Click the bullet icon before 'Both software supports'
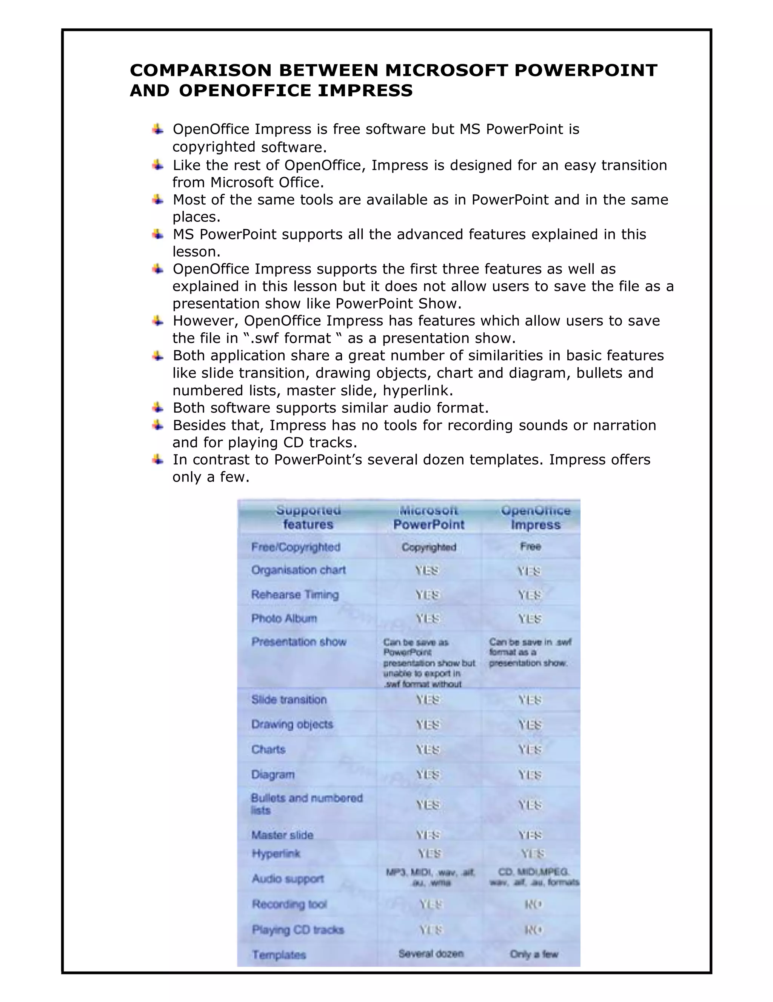pyautogui.click(x=157, y=407)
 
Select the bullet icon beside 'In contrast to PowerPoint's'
pyautogui.click(x=157, y=459)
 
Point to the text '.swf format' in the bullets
pyautogui.click(x=291, y=338)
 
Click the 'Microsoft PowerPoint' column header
pyautogui.click(x=429, y=518)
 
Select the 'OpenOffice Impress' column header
pyautogui.click(x=535, y=518)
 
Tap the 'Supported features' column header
pyautogui.click(x=308, y=518)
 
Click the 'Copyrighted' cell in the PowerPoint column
pyautogui.click(x=429, y=547)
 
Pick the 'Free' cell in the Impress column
pyautogui.click(x=531, y=546)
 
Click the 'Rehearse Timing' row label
pyautogui.click(x=295, y=595)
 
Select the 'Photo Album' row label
pyautogui.click(x=284, y=618)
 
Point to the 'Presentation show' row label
pyautogui.click(x=299, y=642)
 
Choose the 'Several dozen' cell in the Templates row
pyautogui.click(x=431, y=954)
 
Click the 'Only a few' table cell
pyautogui.click(x=534, y=954)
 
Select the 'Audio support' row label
pyautogui.click(x=288, y=879)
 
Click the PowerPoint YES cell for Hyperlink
pyautogui.click(x=429, y=853)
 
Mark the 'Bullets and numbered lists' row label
pyautogui.click(x=306, y=804)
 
